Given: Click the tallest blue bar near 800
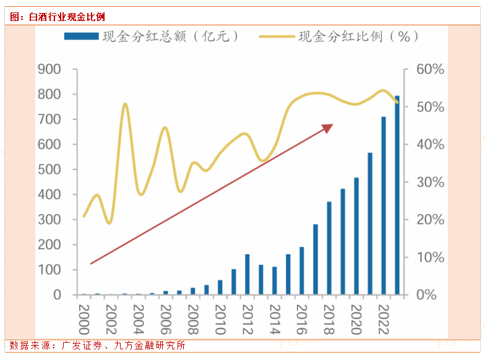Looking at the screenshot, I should click(397, 195).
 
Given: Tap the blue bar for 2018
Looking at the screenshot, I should click(329, 248).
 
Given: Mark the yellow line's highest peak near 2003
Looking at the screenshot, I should click(125, 105).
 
